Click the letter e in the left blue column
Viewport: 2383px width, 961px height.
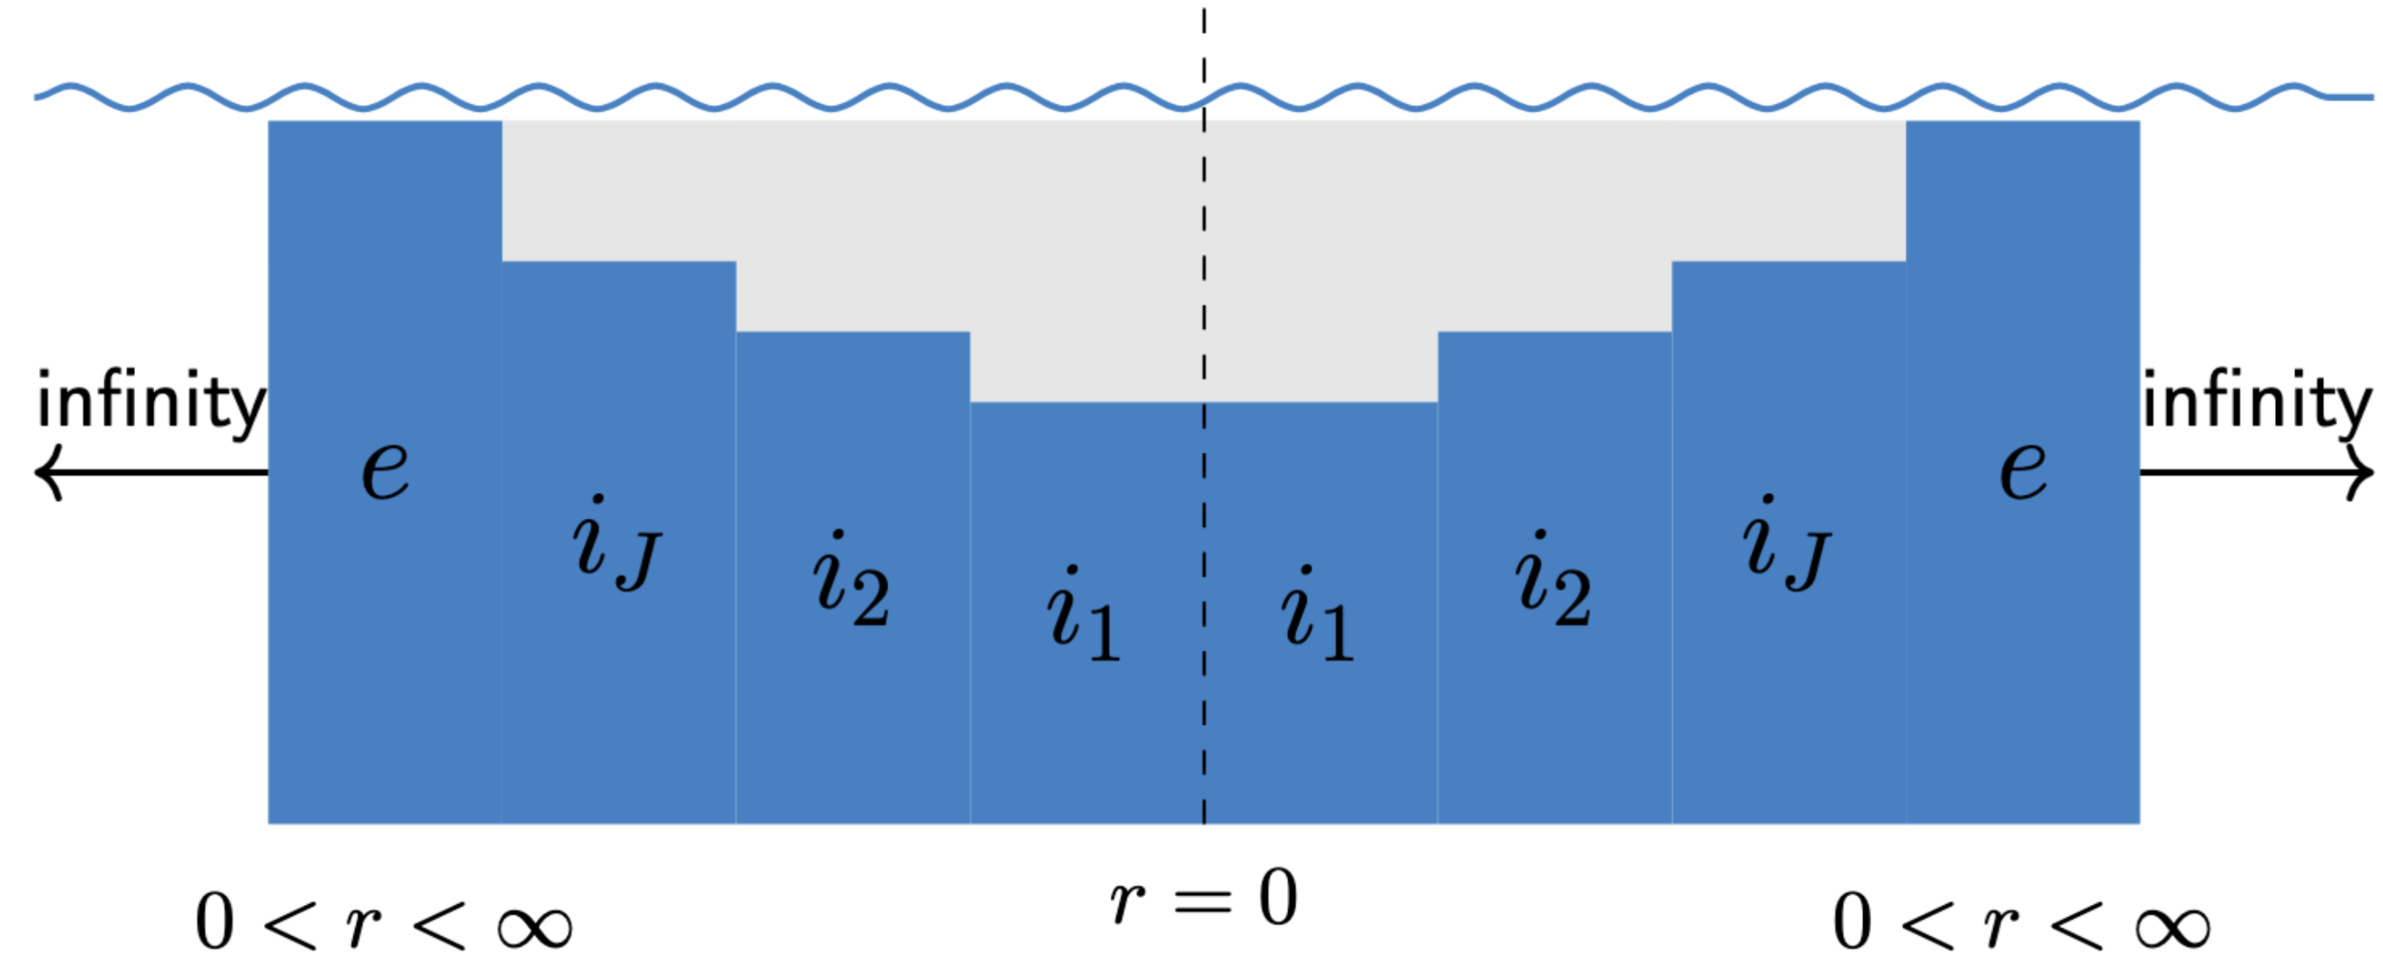[385, 469]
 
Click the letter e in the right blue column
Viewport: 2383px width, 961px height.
[2023, 469]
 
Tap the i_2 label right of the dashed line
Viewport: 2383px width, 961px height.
[1554, 580]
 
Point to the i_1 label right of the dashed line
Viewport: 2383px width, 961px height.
[1317, 614]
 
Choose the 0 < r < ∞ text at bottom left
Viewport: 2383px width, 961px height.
[383, 922]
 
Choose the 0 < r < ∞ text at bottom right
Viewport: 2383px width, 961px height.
[2021, 922]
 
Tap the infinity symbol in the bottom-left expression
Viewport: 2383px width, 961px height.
[535, 927]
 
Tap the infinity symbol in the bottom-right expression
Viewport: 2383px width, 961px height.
[2173, 927]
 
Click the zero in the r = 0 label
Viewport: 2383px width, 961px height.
[1277, 896]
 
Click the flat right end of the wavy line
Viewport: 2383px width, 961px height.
[2354, 96]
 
